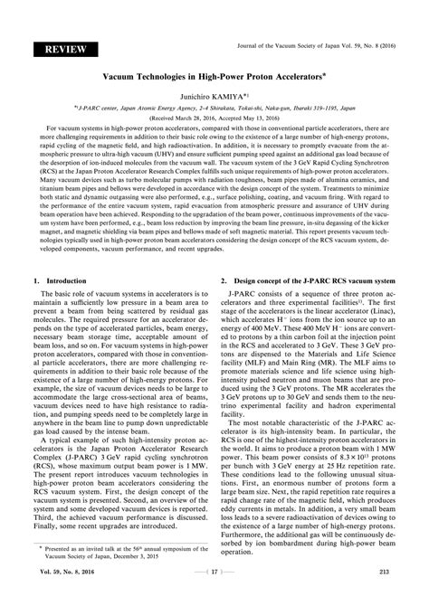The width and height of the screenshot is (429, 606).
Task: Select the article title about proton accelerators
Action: pyautogui.click(x=213, y=79)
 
